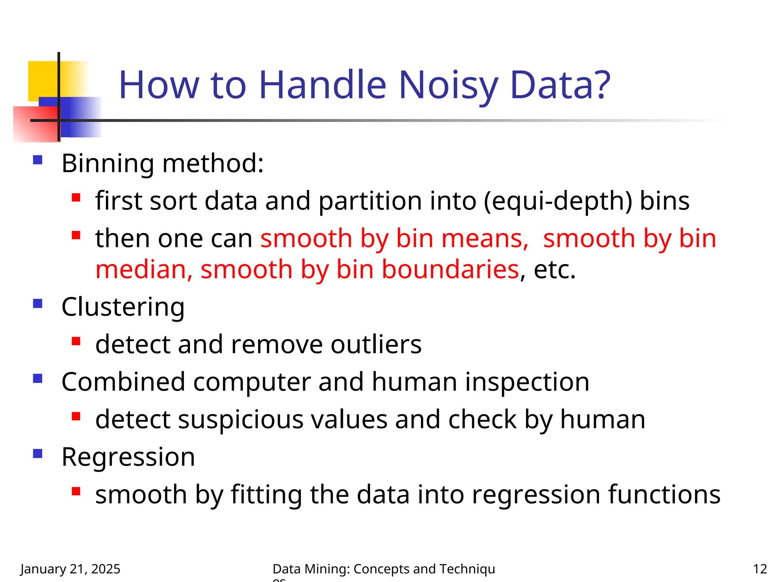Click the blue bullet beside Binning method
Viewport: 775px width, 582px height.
[37, 160]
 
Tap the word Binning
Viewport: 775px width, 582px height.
[107, 164]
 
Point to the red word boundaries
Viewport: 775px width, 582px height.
[450, 269]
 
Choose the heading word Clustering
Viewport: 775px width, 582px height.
[123, 307]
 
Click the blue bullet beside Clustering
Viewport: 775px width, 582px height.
[37, 304]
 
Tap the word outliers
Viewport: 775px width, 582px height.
[376, 344]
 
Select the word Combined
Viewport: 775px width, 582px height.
[123, 382]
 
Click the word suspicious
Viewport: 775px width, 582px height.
[241, 419]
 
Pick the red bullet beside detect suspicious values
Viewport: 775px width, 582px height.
[76, 416]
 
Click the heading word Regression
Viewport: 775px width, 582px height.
[128, 457]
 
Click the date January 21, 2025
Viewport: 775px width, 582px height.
[70, 569]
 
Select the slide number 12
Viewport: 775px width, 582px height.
[759, 569]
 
